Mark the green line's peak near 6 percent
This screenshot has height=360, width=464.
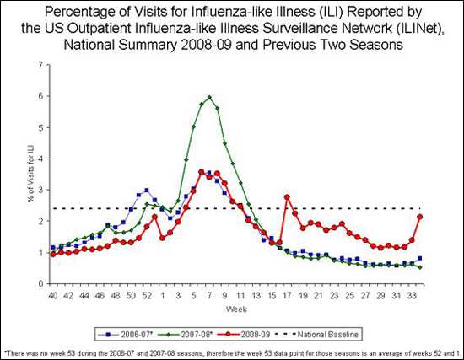(x=208, y=97)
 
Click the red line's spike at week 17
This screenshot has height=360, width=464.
(x=287, y=196)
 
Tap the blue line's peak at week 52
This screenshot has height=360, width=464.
(x=146, y=191)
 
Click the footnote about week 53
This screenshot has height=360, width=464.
(x=232, y=352)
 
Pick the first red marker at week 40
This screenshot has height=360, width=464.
(x=52, y=254)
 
